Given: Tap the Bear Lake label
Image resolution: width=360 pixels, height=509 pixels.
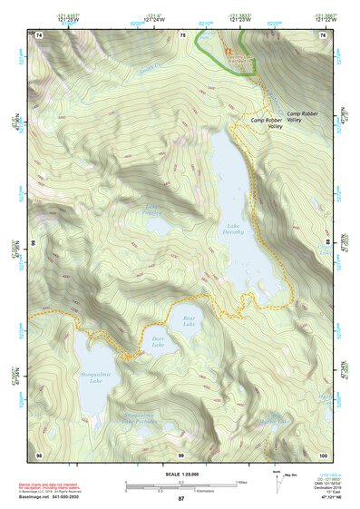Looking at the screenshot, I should pyautogui.click(x=189, y=321).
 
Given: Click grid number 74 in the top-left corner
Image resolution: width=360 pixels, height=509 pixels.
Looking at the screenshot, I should pyautogui.click(x=39, y=34).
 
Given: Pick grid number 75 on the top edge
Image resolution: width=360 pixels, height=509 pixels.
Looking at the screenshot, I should pyautogui.click(x=181, y=34).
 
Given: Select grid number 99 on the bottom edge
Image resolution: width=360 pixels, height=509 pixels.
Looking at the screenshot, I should pyautogui.click(x=180, y=453).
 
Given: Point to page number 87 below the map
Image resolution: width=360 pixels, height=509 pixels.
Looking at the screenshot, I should pyautogui.click(x=180, y=499).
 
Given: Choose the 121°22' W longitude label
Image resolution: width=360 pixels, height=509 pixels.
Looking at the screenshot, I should pyautogui.click(x=326, y=18).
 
